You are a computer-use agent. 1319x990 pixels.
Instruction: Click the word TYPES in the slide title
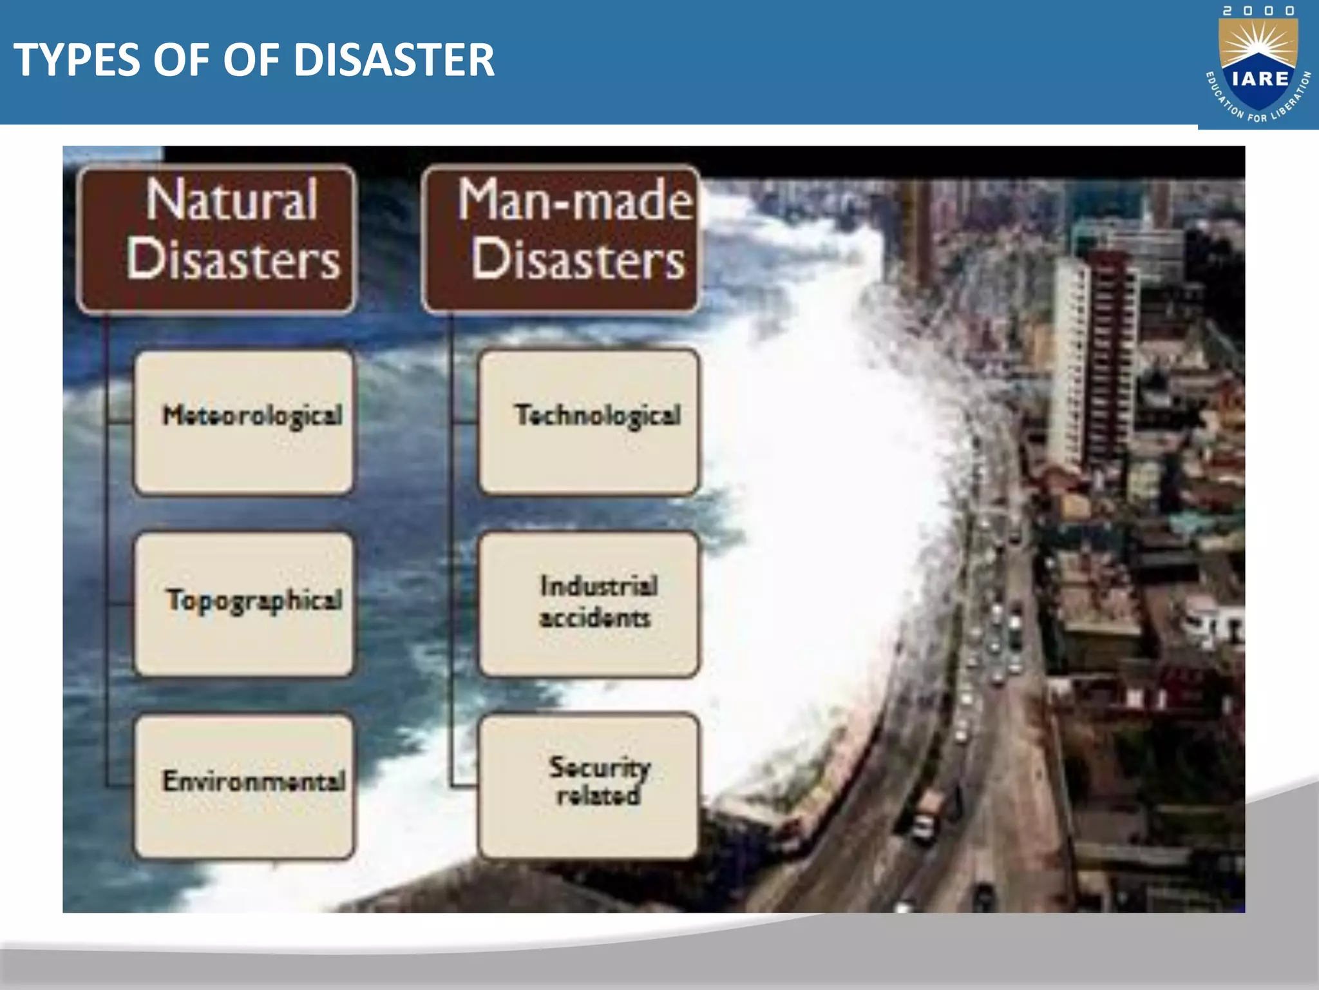click(x=77, y=60)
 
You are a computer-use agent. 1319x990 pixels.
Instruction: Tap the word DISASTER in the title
click(x=394, y=60)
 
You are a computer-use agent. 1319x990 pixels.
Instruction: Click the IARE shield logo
click(x=1258, y=68)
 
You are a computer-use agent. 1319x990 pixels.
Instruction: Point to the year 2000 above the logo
click(x=1258, y=11)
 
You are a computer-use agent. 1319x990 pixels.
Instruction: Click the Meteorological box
click(x=244, y=422)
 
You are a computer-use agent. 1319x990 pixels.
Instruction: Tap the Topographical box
click(x=244, y=604)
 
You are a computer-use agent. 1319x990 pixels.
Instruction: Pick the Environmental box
click(x=244, y=786)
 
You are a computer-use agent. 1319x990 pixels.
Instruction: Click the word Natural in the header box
click(x=232, y=200)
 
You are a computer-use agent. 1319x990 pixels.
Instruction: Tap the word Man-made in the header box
click(x=575, y=200)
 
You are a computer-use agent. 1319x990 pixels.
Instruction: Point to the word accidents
click(x=595, y=618)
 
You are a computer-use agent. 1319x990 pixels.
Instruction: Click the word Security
click(x=600, y=767)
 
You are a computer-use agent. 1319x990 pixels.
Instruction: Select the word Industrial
click(x=599, y=586)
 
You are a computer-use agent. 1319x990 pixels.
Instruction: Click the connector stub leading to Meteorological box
click(x=120, y=423)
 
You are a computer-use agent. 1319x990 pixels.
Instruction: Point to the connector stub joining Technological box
click(x=465, y=423)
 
